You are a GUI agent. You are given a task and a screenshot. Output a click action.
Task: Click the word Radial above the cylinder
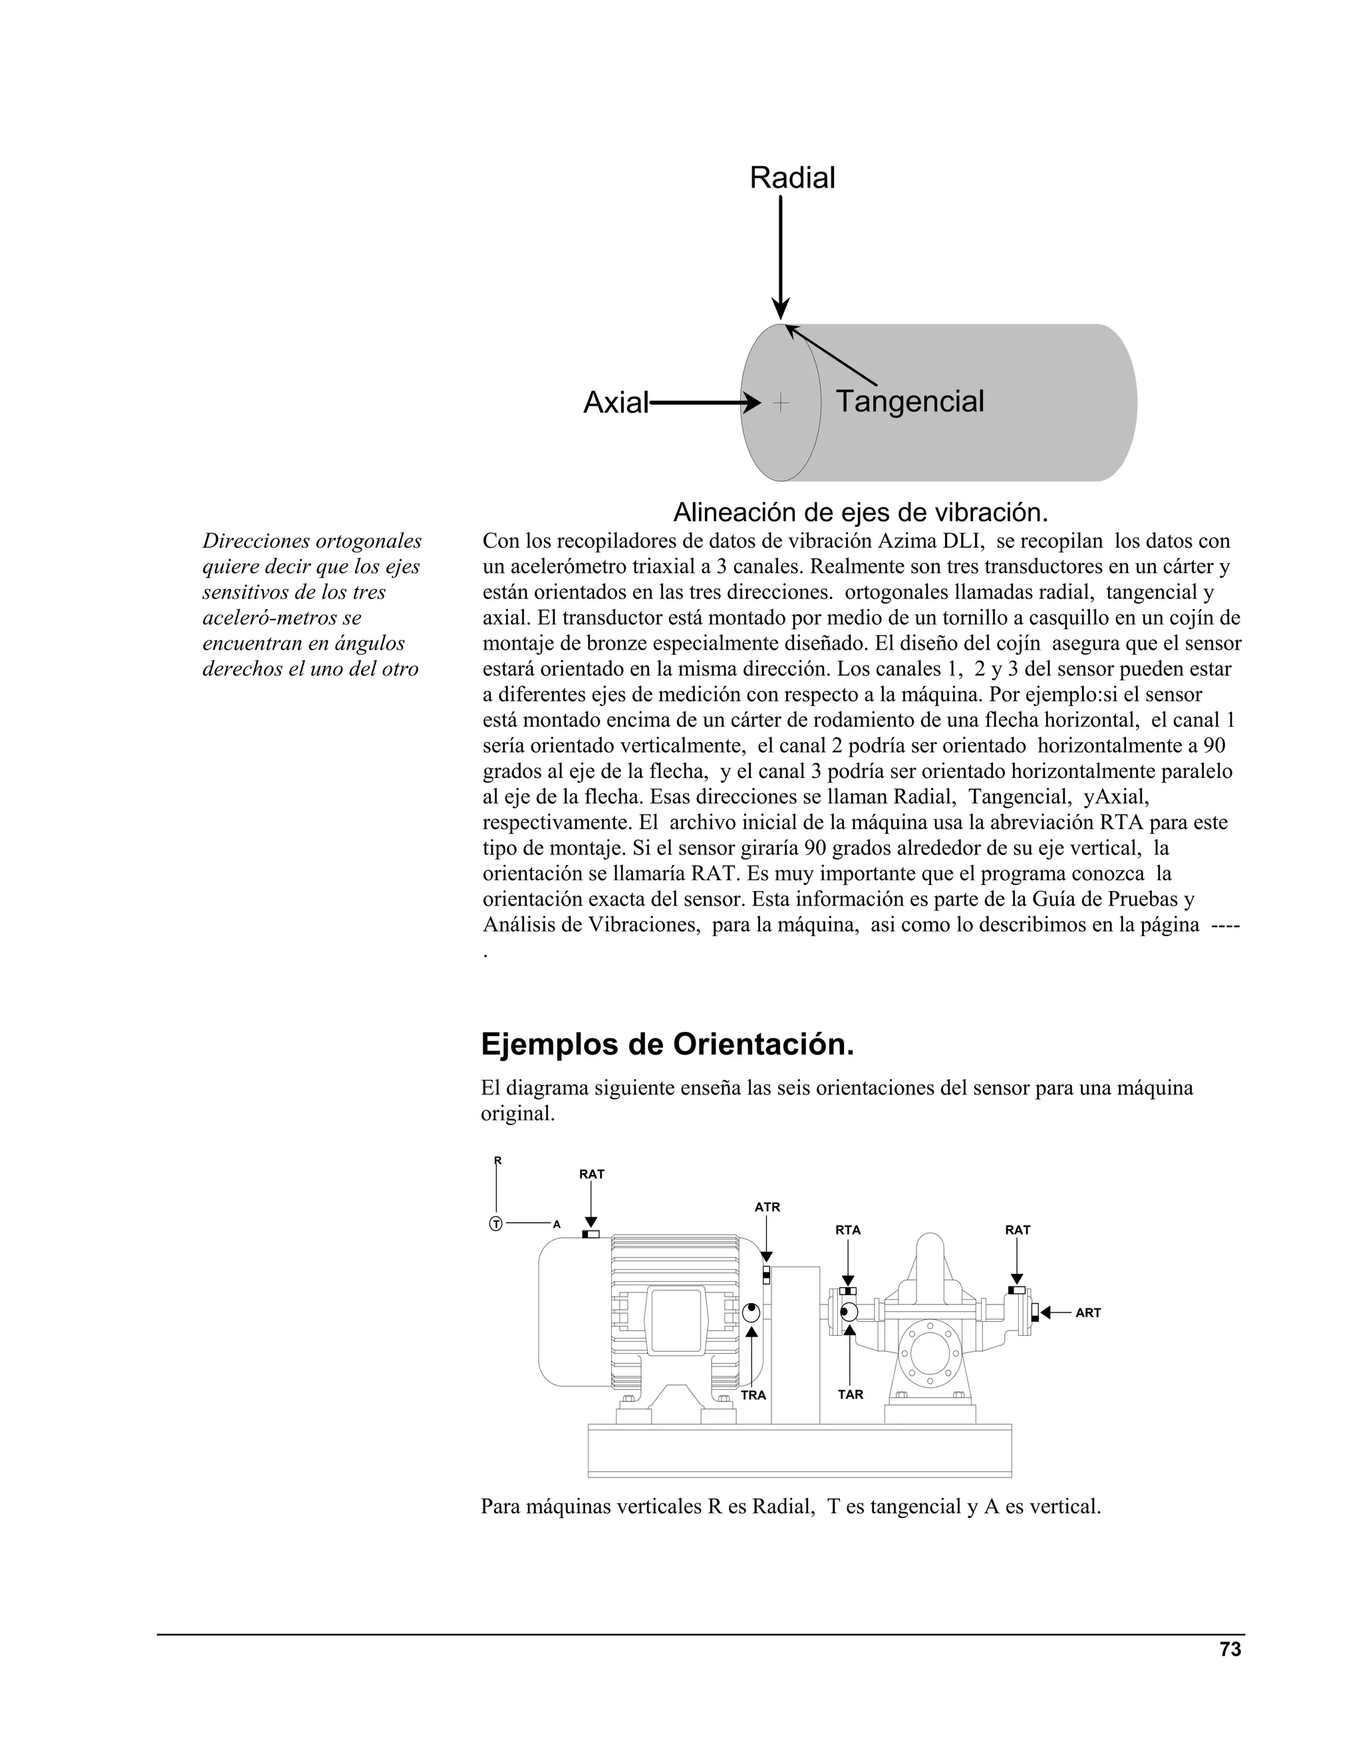pyautogui.click(x=791, y=178)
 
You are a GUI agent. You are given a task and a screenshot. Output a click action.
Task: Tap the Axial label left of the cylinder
pyautogui.click(x=616, y=402)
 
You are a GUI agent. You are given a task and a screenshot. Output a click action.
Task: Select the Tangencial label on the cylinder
pyautogui.click(x=909, y=401)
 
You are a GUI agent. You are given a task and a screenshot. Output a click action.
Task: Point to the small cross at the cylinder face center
pyautogui.click(x=780, y=402)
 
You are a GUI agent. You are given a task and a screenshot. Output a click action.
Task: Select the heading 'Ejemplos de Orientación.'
pyautogui.click(x=667, y=1045)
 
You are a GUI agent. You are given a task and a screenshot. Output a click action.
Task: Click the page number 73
pyautogui.click(x=1230, y=1650)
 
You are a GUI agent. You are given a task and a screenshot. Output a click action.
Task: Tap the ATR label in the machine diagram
pyautogui.click(x=767, y=1207)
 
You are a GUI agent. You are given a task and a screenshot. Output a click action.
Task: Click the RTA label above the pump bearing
pyautogui.click(x=847, y=1229)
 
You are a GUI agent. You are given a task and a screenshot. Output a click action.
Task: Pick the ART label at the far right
pyautogui.click(x=1087, y=1313)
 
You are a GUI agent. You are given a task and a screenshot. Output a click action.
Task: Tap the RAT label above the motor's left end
pyautogui.click(x=591, y=1174)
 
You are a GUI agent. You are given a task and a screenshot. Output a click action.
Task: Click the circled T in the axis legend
pyautogui.click(x=495, y=1224)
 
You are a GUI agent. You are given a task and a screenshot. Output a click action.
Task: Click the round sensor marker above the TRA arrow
pyautogui.click(x=751, y=1313)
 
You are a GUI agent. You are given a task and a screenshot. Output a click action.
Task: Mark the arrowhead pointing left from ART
pyautogui.click(x=1045, y=1313)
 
